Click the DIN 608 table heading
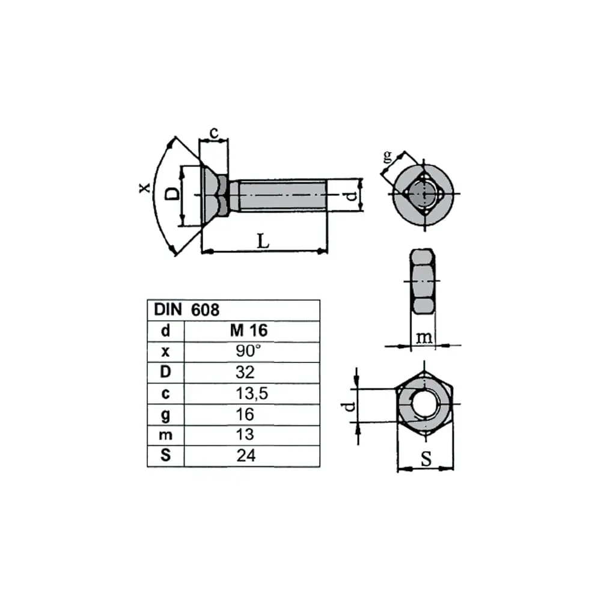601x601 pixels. click(186, 310)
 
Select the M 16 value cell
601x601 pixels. click(249, 331)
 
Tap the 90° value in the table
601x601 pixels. click(248, 351)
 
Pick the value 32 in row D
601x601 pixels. click(245, 372)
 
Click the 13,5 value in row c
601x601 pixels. click(252, 393)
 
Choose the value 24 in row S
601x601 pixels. click(246, 456)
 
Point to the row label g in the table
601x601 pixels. click(166, 415)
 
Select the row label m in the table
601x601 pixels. click(166, 435)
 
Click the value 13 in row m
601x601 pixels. click(245, 435)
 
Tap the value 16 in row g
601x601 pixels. click(245, 414)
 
